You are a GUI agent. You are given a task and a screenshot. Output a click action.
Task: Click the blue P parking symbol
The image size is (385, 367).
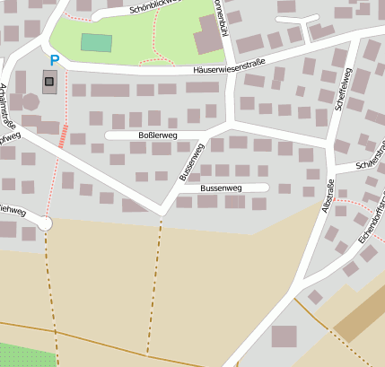click(54, 61)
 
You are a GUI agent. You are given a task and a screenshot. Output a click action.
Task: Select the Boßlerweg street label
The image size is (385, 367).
click(158, 135)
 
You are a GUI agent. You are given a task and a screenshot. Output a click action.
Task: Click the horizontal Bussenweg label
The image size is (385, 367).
click(221, 188)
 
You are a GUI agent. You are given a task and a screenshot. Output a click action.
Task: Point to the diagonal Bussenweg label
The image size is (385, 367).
click(191, 162)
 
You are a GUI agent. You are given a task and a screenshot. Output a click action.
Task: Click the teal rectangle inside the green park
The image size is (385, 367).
click(96, 42)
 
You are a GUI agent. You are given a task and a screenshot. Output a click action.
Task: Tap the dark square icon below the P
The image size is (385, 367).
click(49, 83)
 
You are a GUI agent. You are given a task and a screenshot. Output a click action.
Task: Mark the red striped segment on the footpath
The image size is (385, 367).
click(63, 135)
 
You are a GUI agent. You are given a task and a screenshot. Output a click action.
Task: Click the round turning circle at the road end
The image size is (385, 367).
click(45, 223)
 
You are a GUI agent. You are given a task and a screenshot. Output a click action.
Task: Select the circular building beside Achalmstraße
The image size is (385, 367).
click(31, 101)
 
